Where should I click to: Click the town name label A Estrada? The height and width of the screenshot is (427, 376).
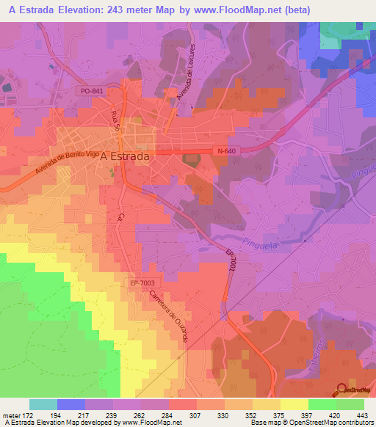125,156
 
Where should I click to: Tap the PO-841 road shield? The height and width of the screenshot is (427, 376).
93,91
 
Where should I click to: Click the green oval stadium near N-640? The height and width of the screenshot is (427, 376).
192,158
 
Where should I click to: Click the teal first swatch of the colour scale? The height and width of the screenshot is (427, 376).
43,404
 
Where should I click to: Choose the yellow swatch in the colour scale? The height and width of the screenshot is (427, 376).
294,404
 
